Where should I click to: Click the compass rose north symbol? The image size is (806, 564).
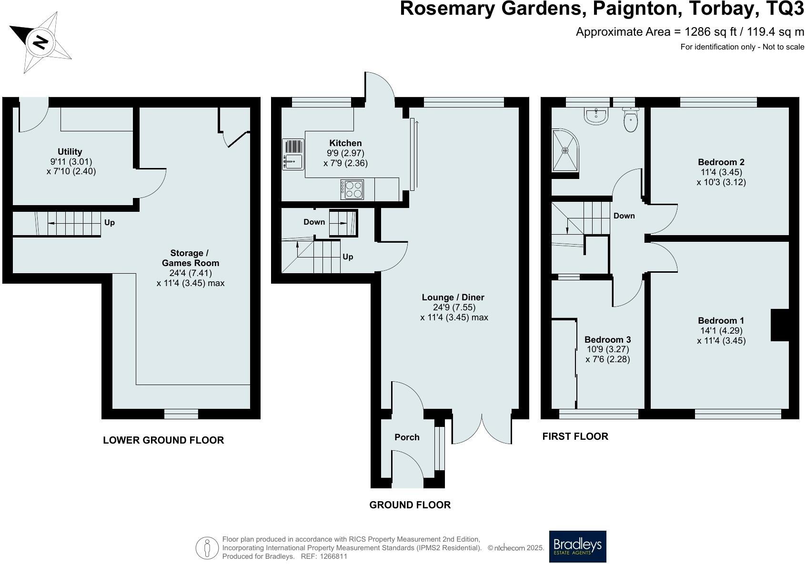(40, 42)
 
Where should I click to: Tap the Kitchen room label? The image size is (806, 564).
(345, 143)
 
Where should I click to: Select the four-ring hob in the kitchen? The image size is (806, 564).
(352, 189)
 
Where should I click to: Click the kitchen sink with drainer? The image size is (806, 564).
(293, 154)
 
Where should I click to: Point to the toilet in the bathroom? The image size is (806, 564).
(630, 120)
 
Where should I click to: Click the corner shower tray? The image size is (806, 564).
(565, 151)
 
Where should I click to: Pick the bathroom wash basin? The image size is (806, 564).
(595, 116)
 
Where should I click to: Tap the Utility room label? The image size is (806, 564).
(70, 152)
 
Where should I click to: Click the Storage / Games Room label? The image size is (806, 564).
(190, 258)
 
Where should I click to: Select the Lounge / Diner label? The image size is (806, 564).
(453, 297)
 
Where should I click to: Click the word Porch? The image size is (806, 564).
(407, 437)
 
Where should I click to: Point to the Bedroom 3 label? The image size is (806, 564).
(607, 339)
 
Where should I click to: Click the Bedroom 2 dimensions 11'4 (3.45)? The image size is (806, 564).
(721, 172)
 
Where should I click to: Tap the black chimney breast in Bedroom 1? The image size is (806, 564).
(779, 325)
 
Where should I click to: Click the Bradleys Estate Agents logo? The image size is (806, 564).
(577, 546)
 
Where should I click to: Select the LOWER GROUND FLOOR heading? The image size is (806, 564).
(163, 440)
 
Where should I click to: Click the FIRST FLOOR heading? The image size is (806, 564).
(575, 436)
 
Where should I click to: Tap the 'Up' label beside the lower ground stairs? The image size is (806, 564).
(109, 222)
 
